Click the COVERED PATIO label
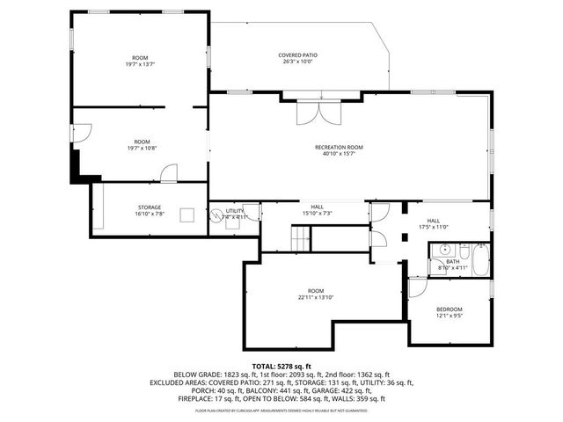click(298, 55)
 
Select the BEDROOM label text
click(449, 309)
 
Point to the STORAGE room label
click(149, 207)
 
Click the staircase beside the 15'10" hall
click(302, 236)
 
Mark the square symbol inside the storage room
click(187, 215)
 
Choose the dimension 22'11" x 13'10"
click(316, 298)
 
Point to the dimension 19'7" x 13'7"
click(141, 64)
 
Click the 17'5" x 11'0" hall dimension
click(437, 227)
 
